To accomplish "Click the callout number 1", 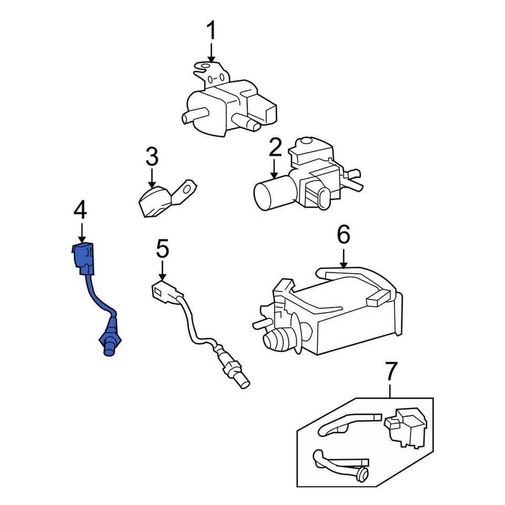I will (210, 32).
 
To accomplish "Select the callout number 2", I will (275, 149).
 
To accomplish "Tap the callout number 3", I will (151, 157).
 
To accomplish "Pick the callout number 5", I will (163, 249).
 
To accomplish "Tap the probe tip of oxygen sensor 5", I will (243, 384).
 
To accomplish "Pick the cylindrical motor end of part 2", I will (268, 195).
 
